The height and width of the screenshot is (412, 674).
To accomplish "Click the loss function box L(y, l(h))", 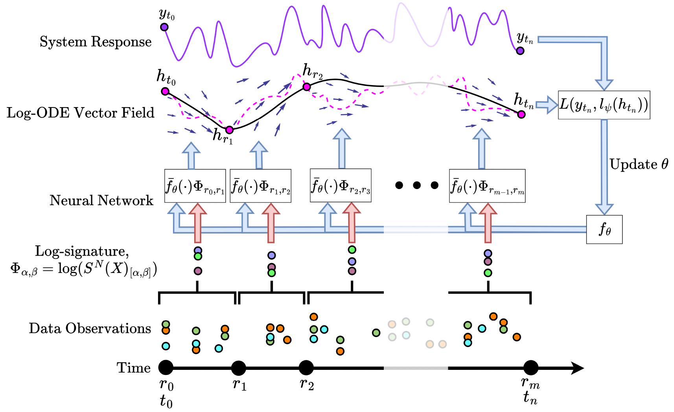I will pyautogui.click(x=604, y=105).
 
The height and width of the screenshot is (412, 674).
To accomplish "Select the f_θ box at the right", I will pyautogui.click(x=604, y=229).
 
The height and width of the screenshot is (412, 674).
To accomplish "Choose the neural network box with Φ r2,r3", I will pyautogui.click(x=341, y=186).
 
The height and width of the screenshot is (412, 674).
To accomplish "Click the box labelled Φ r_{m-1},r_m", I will pyautogui.click(x=487, y=186).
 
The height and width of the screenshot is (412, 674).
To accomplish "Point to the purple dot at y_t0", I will pyautogui.click(x=164, y=27).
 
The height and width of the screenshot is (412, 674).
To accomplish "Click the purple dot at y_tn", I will pyautogui.click(x=520, y=50).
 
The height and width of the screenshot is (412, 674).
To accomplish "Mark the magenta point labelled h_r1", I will pyautogui.click(x=229, y=130).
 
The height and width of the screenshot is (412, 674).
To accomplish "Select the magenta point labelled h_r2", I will pyautogui.click(x=307, y=87).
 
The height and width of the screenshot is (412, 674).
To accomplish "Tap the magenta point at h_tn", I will pyautogui.click(x=521, y=114).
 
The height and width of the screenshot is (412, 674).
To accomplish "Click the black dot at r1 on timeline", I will pyautogui.click(x=238, y=368).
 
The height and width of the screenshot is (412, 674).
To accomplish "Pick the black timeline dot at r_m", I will pyautogui.click(x=531, y=368).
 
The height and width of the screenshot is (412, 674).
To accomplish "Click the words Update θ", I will pyautogui.click(x=639, y=164).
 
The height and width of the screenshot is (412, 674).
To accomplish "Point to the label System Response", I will pyautogui.click(x=96, y=42).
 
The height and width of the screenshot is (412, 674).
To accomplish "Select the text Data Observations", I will pyautogui.click(x=90, y=328).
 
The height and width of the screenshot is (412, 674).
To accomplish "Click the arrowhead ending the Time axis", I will pyautogui.click(x=578, y=368).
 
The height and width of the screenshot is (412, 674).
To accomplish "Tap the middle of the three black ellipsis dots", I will pyautogui.click(x=417, y=185).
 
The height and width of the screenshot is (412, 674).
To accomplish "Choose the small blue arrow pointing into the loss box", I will pyautogui.click(x=547, y=105).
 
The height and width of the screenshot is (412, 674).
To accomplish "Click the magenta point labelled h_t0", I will pyautogui.click(x=165, y=91).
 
